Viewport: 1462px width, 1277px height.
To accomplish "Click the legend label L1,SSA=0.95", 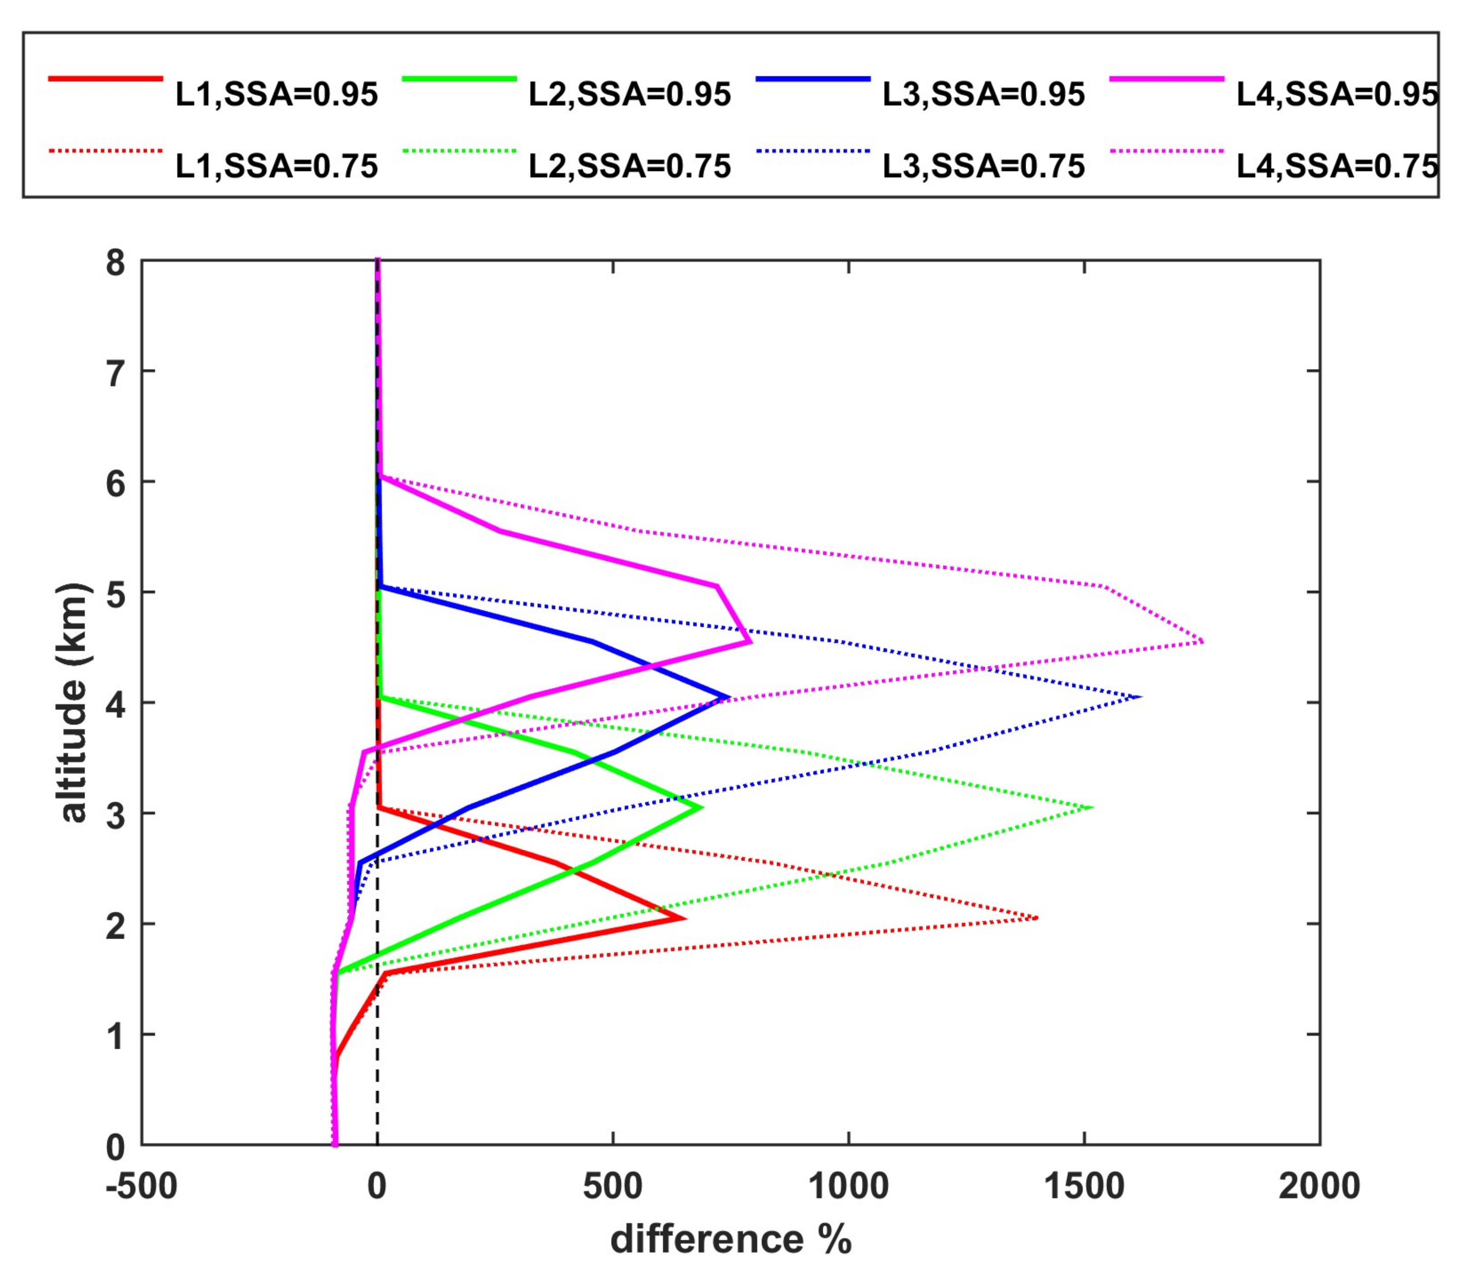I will point(276,95).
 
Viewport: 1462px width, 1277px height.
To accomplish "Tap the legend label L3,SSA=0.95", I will point(983,95).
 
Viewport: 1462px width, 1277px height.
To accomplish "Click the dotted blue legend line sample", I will point(813,151).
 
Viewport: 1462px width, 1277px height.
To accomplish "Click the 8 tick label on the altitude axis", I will point(115,264).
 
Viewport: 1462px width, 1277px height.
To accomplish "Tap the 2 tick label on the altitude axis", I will point(115,924).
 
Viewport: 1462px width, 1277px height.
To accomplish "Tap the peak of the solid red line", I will point(684,918).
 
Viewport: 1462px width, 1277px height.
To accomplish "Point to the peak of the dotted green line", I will point(1092,807).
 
